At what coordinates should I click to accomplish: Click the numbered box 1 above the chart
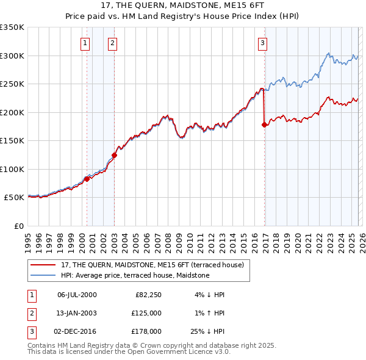point(84,43)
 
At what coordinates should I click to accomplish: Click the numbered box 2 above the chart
point(113,43)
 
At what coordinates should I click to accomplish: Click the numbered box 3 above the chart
point(262,43)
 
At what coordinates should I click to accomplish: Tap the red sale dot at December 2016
point(264,125)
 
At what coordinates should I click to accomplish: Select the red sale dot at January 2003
point(114,155)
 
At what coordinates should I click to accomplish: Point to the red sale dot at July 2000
point(87,179)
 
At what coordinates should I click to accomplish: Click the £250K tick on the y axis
point(12,84)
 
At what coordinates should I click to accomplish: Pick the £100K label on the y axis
point(12,169)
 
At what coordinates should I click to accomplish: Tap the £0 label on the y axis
point(18,226)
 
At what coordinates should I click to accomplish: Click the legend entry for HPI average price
point(135,276)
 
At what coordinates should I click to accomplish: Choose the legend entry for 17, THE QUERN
point(152,265)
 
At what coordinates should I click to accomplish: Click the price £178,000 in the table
point(146,331)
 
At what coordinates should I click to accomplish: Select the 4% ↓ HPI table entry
point(210,295)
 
